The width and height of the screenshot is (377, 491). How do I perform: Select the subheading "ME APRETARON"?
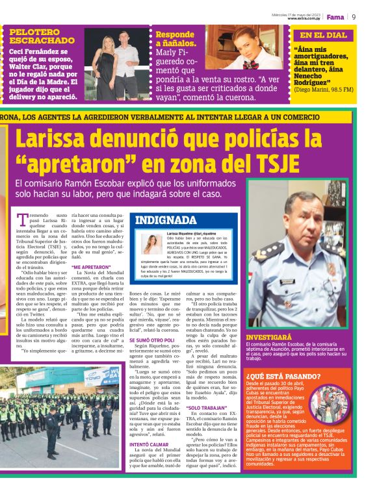[x=90, y=267]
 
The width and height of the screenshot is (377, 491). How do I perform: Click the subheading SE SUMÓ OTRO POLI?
[x=151, y=340]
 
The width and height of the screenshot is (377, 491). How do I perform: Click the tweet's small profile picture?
[x=152, y=244]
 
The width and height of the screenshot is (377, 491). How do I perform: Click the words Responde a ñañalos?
[x=175, y=38]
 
